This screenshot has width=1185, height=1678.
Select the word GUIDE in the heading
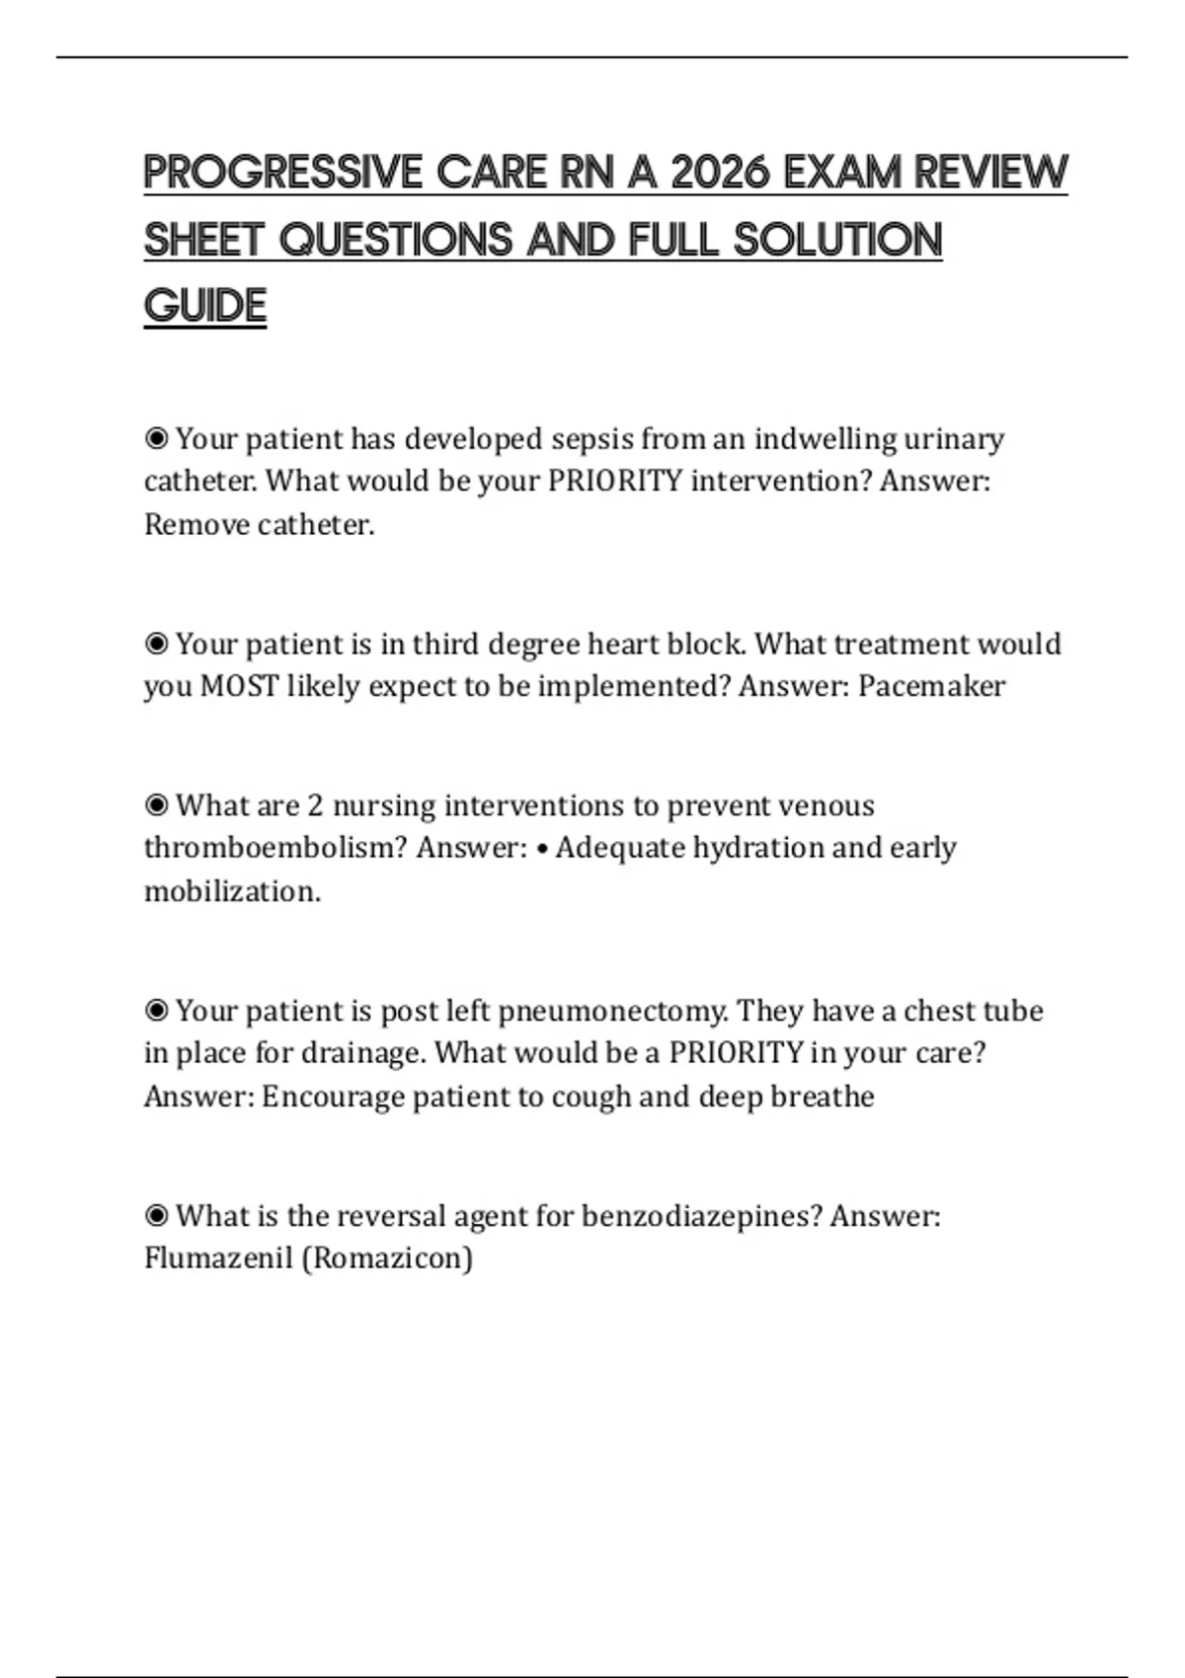205,306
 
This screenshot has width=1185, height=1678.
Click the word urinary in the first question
954,438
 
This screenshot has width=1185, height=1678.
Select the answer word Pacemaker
931,686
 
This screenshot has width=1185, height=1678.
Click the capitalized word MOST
239,686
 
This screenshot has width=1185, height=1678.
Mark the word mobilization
232,891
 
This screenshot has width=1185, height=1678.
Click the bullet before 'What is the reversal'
156,1215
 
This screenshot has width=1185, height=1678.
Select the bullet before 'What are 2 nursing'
156,805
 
